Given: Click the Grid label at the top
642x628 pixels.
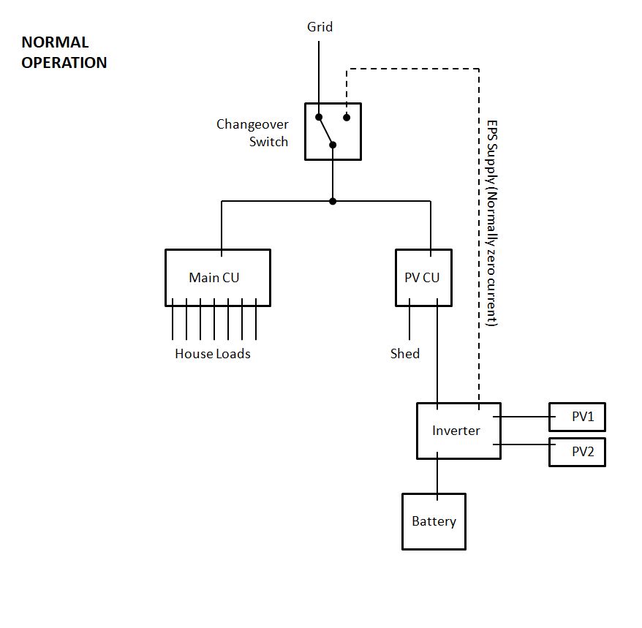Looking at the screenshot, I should pos(320,27).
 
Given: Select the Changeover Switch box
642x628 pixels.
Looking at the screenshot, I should pos(333,131).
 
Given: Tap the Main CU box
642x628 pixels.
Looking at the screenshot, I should pos(217,277).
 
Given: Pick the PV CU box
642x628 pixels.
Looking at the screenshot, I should pos(423,277).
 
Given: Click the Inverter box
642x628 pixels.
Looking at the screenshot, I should pos(458,431).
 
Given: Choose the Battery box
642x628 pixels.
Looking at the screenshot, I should pos(434,521).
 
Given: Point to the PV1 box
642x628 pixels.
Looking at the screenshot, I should pos(577,417).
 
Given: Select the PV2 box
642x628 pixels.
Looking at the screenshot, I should pos(577,452).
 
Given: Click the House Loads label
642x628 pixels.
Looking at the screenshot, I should pos(212,354).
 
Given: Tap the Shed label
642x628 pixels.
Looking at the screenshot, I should pos(404,354).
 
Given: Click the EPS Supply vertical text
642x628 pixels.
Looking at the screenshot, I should pos(492,222).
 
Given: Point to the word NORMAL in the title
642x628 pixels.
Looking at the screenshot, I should pos(55,42).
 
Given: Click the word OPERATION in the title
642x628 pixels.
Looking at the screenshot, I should pos(64,63).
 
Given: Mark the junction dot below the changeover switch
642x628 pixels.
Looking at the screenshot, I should pos(333,201).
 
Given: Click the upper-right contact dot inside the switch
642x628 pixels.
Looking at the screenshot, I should pos(347,117).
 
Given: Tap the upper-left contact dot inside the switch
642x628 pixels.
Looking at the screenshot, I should pos(319,117).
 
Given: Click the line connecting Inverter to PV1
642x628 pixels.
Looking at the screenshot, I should pos(525,417).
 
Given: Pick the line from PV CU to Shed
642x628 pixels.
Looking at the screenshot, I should pos(409,323).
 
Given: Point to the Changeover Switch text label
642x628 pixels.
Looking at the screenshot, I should pos(253,132).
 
